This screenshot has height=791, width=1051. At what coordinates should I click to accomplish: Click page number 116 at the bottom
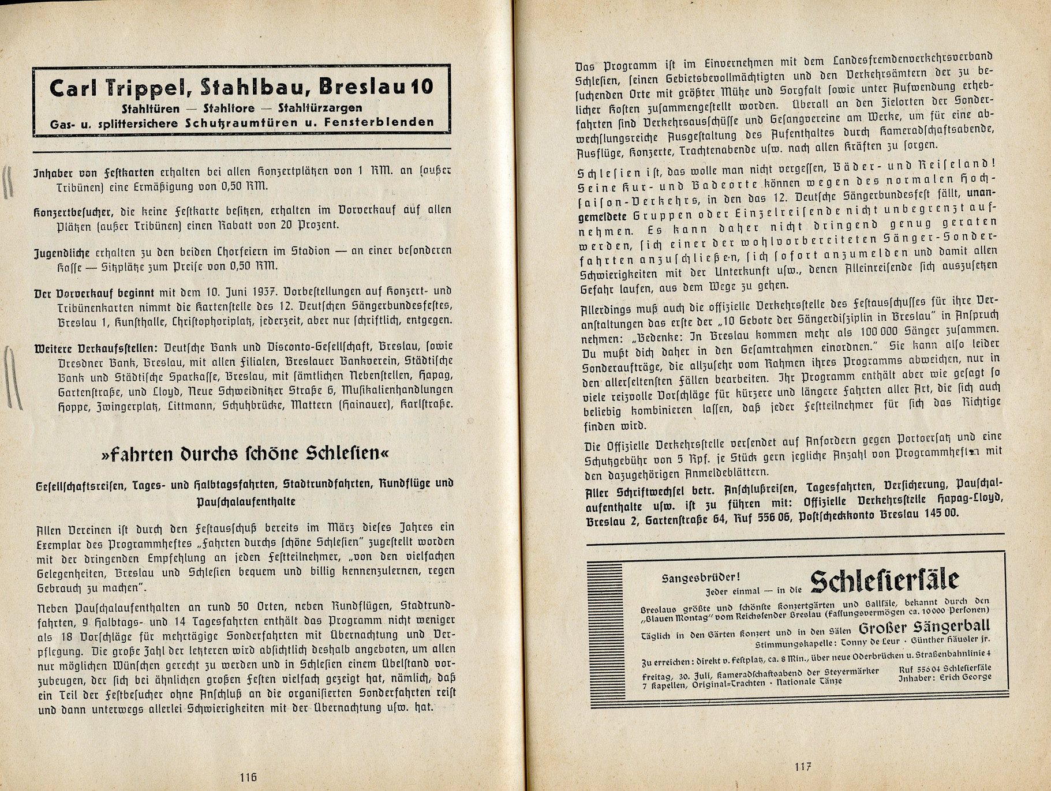pos(248,777)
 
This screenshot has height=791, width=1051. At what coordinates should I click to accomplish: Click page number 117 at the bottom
pos(803,767)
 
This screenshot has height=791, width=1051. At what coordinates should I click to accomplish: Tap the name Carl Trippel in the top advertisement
pos(122,88)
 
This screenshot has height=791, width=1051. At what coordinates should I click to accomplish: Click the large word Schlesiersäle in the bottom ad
pos(885,580)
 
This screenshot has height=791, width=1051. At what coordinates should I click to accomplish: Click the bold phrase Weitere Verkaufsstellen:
pos(95,348)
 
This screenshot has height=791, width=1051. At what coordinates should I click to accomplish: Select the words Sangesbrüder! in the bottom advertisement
pos(701,578)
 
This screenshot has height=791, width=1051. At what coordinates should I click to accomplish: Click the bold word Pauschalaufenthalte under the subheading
pos(246,501)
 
